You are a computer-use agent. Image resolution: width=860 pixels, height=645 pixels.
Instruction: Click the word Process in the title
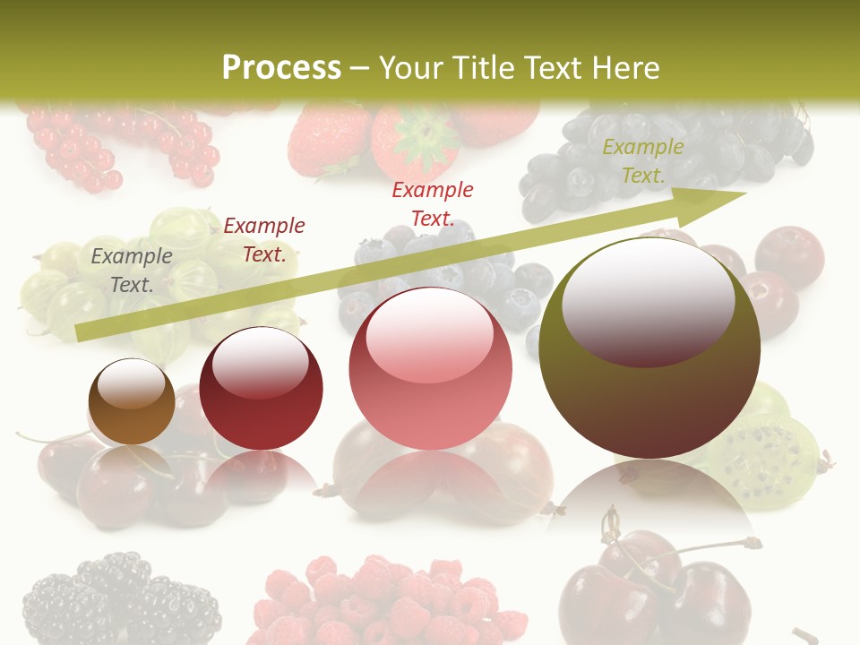[x=281, y=68]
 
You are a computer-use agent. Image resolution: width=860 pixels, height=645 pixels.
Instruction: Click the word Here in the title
[x=624, y=68]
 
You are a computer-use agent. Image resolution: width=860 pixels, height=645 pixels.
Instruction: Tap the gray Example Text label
[x=132, y=270]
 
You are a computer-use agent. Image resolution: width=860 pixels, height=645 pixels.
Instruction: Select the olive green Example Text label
[x=642, y=161]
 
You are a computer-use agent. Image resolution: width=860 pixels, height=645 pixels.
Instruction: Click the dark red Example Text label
[x=263, y=239]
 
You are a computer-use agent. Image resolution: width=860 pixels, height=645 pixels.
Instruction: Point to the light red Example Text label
[x=432, y=203]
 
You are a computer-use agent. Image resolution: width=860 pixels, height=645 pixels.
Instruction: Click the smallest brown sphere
[x=131, y=402]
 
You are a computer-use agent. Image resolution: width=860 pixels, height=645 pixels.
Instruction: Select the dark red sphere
[x=261, y=390]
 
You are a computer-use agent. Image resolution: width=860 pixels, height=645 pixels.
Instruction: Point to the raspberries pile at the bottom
[x=385, y=600]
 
